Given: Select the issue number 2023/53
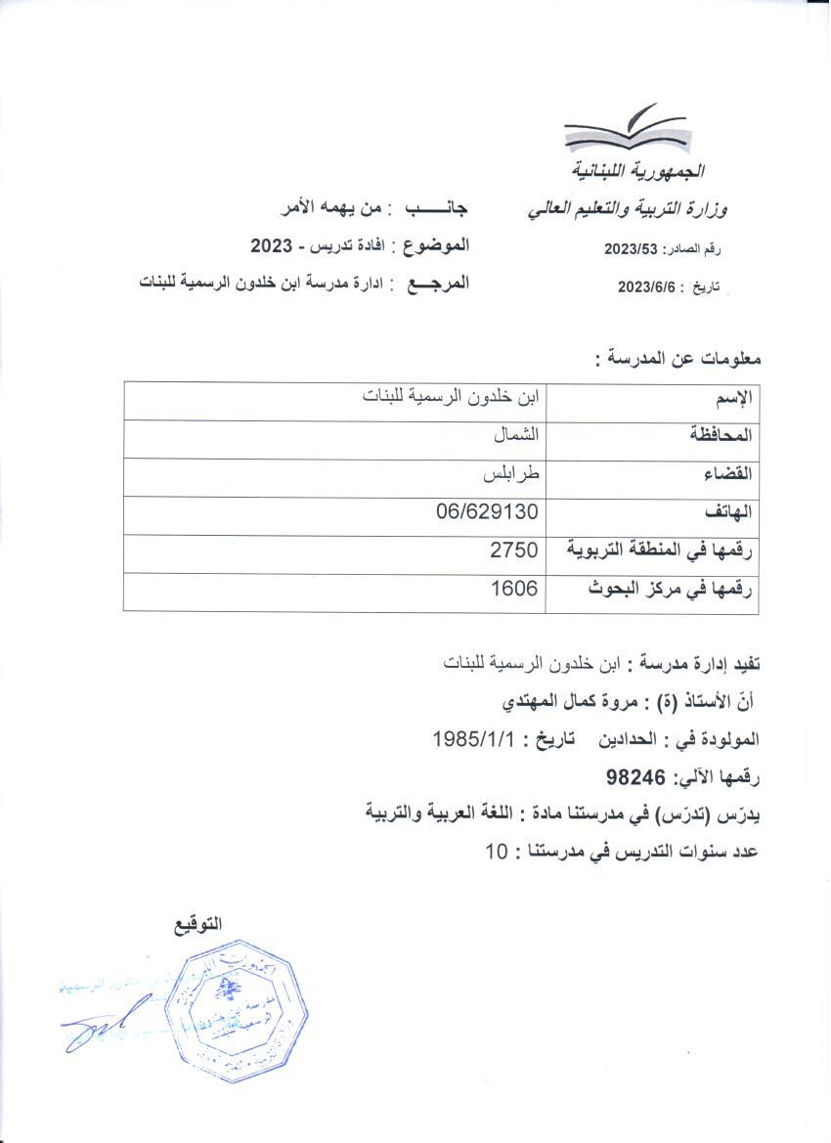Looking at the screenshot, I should (634, 249).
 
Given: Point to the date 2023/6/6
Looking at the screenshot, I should (648, 286).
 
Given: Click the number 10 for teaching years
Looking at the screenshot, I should (498, 852).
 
